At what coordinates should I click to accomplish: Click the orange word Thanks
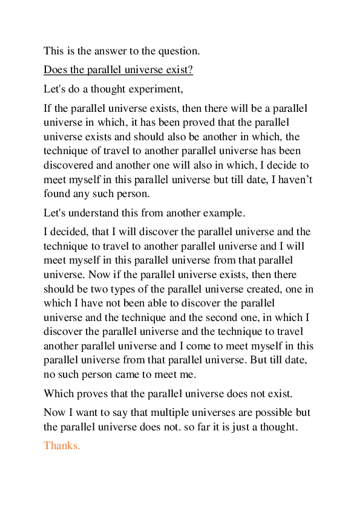click(x=62, y=446)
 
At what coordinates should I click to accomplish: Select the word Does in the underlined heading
click(x=54, y=70)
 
